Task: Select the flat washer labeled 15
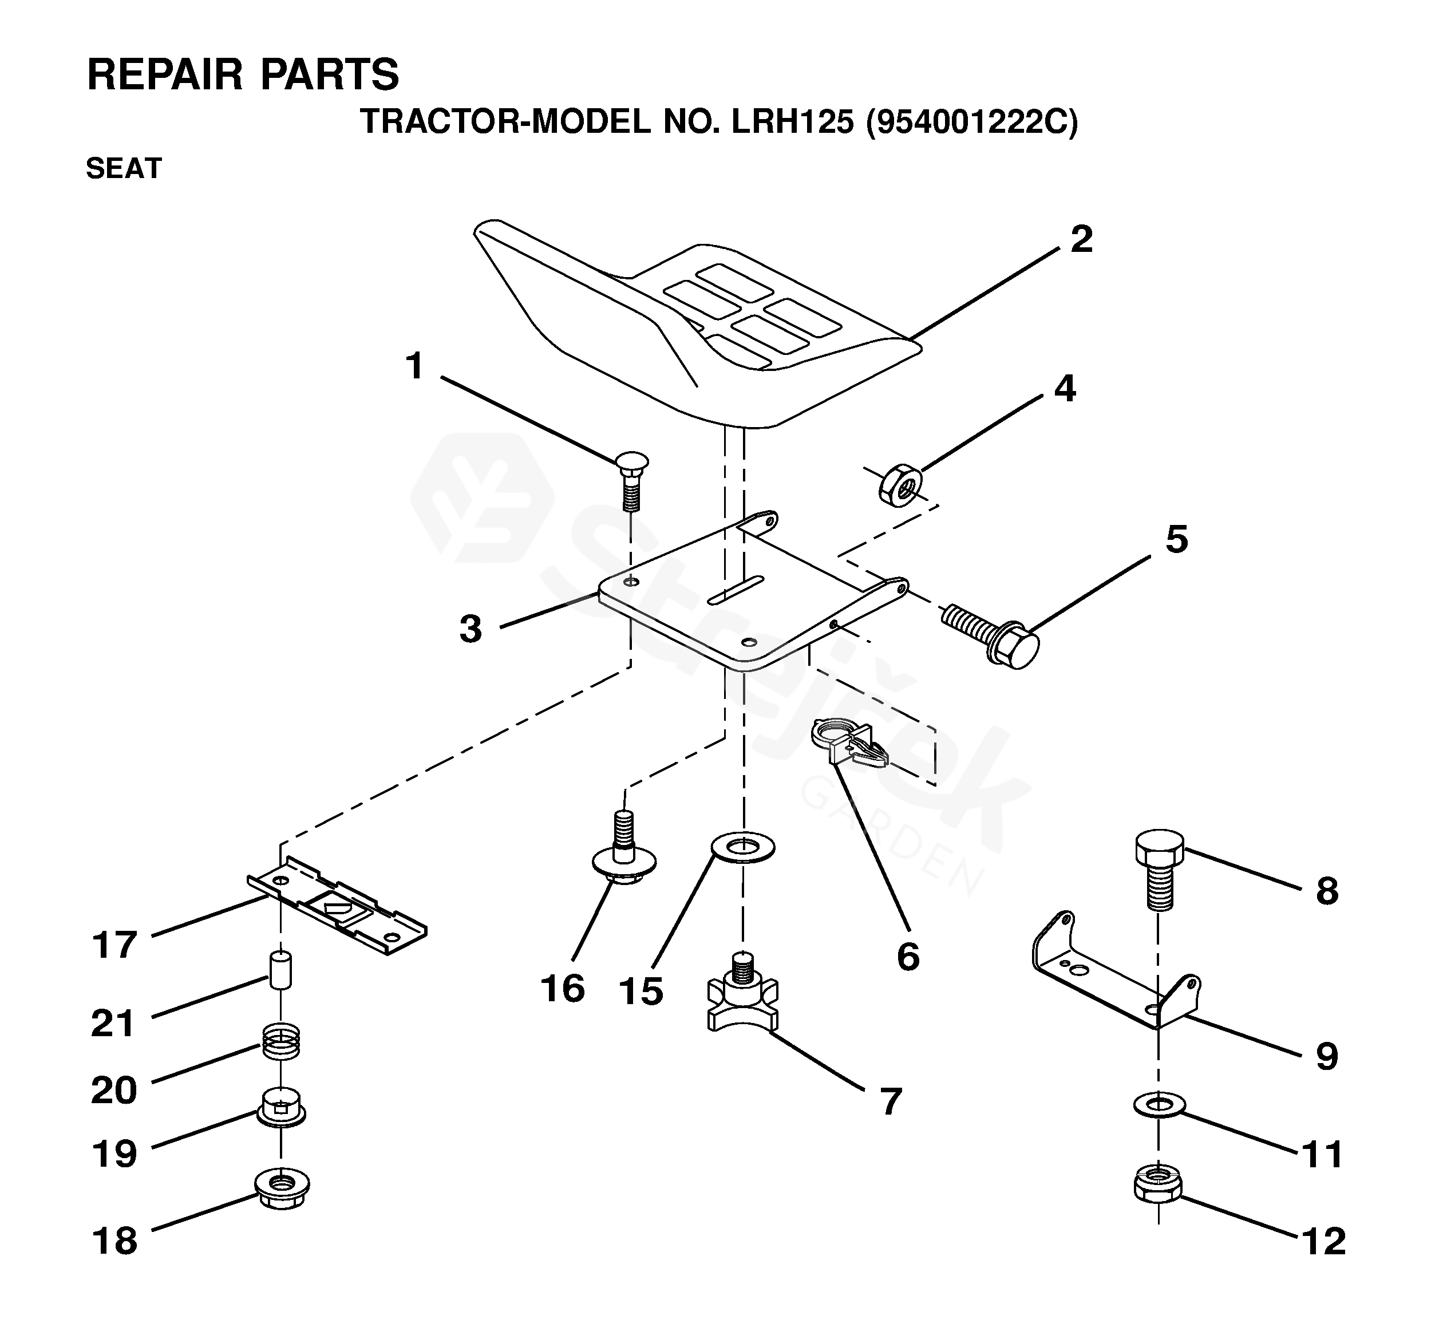[x=742, y=847]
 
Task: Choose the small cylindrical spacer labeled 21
[x=280, y=971]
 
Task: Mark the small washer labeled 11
[x=1158, y=1105]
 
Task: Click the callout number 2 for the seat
[x=1081, y=239]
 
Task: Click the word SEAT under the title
[x=124, y=168]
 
